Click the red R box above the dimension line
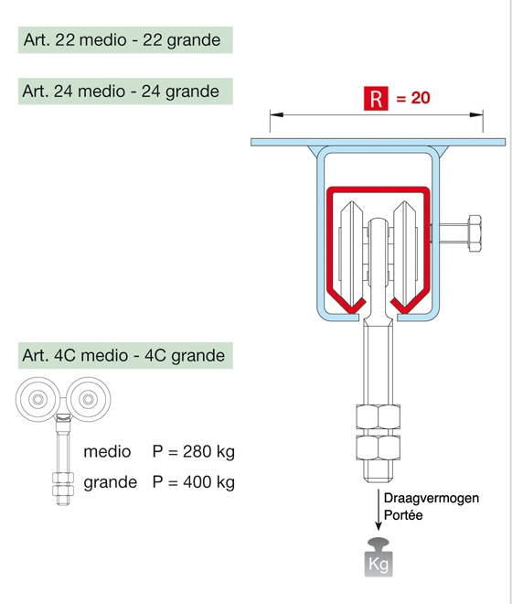[x=376, y=99]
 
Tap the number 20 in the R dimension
[x=421, y=98]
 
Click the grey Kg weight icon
[x=379, y=557]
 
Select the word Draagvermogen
[x=432, y=498]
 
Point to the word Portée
[x=403, y=515]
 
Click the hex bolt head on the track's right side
[x=474, y=233]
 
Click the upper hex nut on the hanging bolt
[x=379, y=416]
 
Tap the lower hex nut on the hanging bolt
[x=379, y=448]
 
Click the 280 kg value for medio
[x=208, y=451]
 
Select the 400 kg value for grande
[x=208, y=482]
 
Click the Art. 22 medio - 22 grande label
[x=123, y=40]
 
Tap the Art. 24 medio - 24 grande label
[x=121, y=92]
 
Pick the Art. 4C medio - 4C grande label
[x=123, y=355]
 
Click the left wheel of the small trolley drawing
[x=37, y=399]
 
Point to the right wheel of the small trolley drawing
[x=89, y=399]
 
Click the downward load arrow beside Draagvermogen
[x=379, y=511]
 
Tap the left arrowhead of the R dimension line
[x=276, y=114]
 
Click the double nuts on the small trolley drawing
[x=63, y=484]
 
